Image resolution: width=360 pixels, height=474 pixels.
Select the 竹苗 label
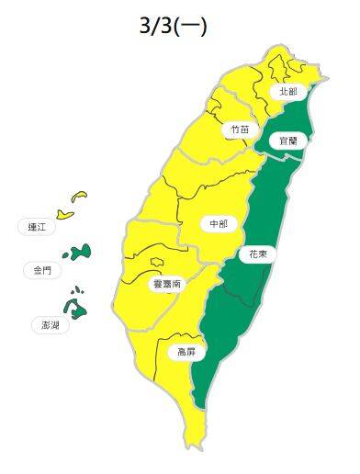[238, 131]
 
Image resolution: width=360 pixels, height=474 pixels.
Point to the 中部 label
[219, 223]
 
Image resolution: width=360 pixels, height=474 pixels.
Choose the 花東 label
[258, 254]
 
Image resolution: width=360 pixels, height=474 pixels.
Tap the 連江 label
[38, 226]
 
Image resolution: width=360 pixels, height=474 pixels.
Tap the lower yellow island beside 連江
[64, 213]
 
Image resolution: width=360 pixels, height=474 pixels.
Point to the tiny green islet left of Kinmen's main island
[66, 254]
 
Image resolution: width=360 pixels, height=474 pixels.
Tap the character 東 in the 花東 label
[264, 254]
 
